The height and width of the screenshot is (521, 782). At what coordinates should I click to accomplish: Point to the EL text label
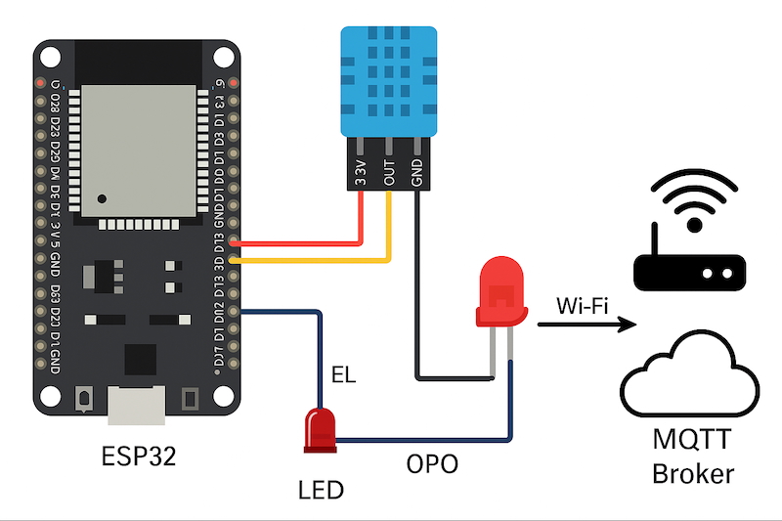(343, 373)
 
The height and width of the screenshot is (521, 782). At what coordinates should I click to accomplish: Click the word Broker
(692, 475)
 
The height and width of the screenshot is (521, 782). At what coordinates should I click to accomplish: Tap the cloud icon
(691, 376)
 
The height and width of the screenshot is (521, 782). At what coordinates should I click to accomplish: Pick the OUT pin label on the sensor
(389, 169)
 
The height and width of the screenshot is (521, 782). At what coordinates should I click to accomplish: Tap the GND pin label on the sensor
(418, 169)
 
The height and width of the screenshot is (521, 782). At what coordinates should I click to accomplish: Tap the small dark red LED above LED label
(320, 428)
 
